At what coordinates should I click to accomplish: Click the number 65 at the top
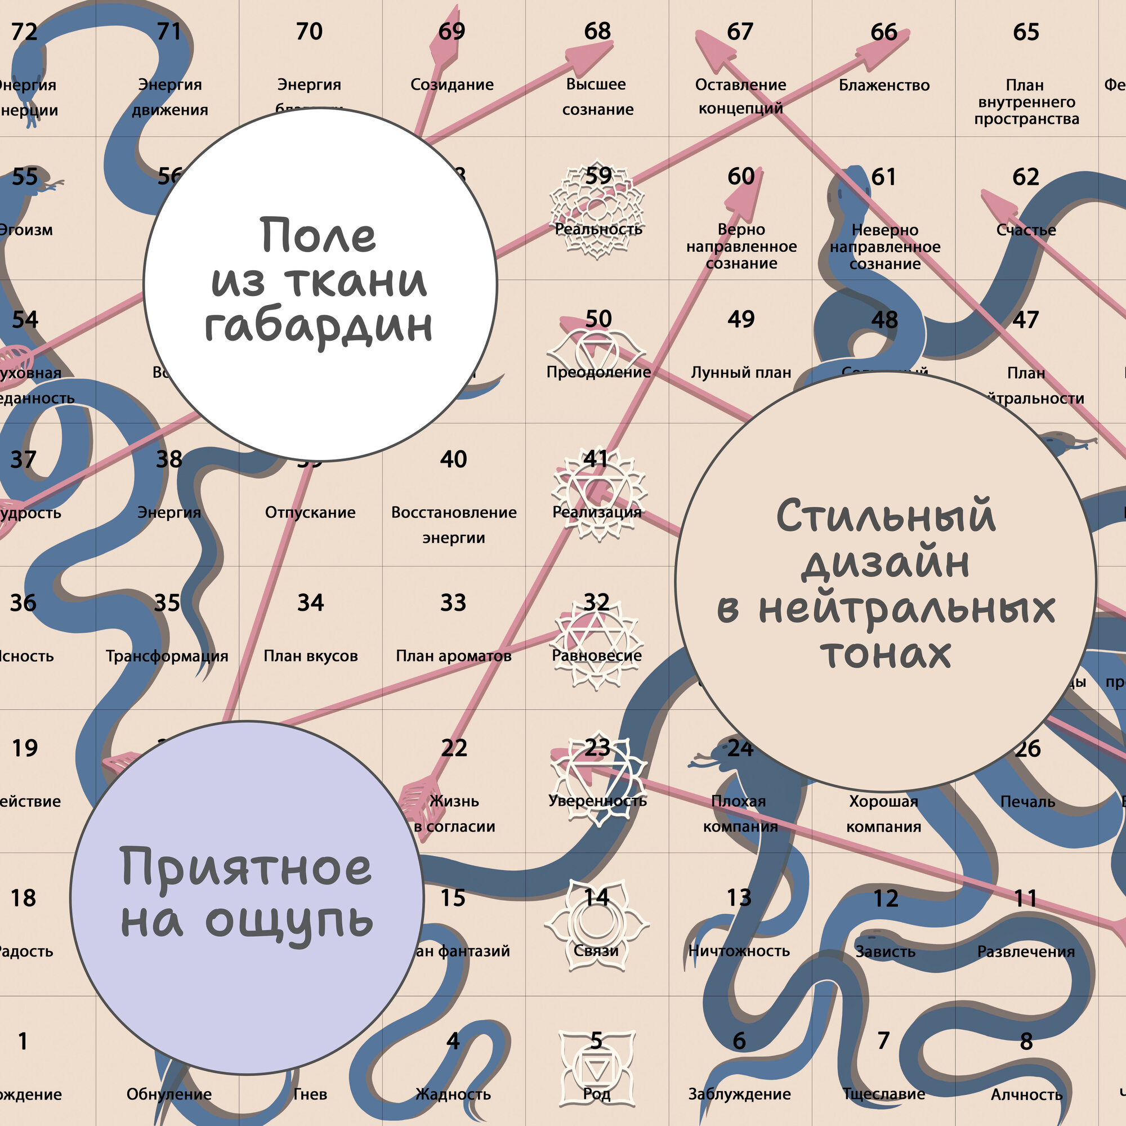(x=1026, y=32)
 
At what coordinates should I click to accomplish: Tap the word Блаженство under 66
(x=884, y=86)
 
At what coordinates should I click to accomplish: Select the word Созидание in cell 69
(x=452, y=85)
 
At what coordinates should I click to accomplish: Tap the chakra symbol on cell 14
(x=596, y=926)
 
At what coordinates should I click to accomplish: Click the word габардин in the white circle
(x=319, y=327)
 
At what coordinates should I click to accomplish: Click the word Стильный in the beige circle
(x=885, y=516)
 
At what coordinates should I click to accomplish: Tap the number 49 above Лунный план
(x=741, y=319)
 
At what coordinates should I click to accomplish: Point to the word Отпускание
(x=310, y=513)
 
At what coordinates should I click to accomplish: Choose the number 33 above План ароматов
(x=453, y=602)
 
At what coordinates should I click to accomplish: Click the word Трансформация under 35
(x=167, y=656)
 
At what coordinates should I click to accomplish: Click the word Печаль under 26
(x=1027, y=802)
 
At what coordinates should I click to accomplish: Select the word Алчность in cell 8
(x=1026, y=1095)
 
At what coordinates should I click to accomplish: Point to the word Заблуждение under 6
(x=740, y=1094)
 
